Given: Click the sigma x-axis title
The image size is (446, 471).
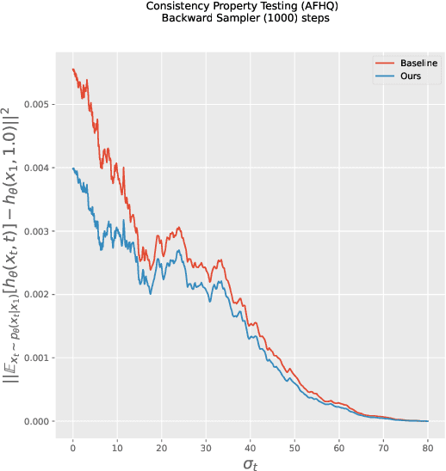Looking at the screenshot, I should pos(251,463).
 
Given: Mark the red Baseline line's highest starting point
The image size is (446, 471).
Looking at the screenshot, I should pos(73,70).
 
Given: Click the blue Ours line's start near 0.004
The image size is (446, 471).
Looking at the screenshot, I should pos(73,168).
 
